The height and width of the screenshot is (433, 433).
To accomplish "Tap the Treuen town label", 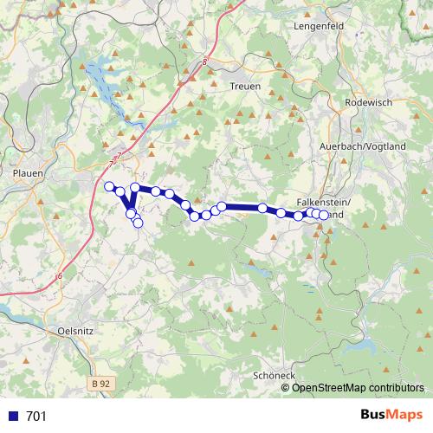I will (x=245, y=86).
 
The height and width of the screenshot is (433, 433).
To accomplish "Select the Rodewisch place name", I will (x=368, y=102).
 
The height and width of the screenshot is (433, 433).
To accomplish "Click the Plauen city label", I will (x=28, y=173).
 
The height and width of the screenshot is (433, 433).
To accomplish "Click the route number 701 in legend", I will (x=36, y=417).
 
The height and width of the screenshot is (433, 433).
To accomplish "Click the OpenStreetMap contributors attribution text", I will (x=358, y=387).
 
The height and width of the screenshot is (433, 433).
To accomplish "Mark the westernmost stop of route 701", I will (x=110, y=186).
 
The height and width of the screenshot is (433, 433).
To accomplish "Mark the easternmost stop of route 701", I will (x=324, y=215).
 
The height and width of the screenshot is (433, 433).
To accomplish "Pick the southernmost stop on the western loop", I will (x=138, y=223).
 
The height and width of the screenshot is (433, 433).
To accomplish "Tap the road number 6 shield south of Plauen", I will (x=60, y=276).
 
